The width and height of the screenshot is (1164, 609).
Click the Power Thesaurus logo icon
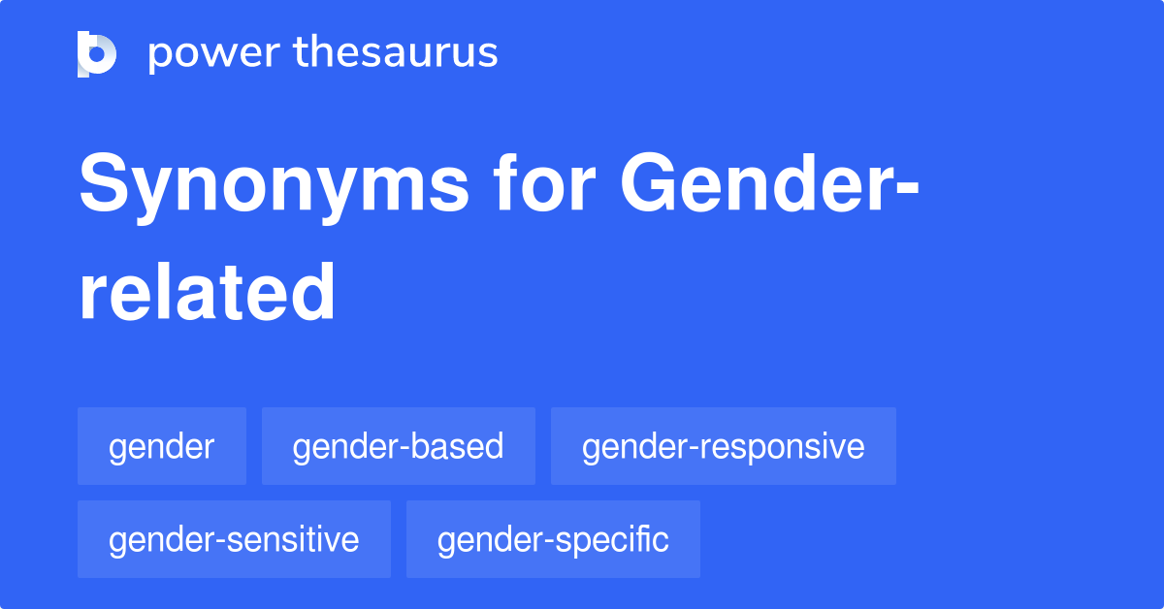coord(97,53)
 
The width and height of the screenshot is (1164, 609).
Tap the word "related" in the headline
coord(207,291)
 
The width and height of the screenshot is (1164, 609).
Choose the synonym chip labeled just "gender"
coord(161,446)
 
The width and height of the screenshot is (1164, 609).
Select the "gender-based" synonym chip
coord(398,446)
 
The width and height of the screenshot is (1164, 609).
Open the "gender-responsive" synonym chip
coord(723,446)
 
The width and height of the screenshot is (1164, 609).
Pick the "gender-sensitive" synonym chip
coord(234,539)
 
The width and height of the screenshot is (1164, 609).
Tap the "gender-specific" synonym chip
coord(553,539)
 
